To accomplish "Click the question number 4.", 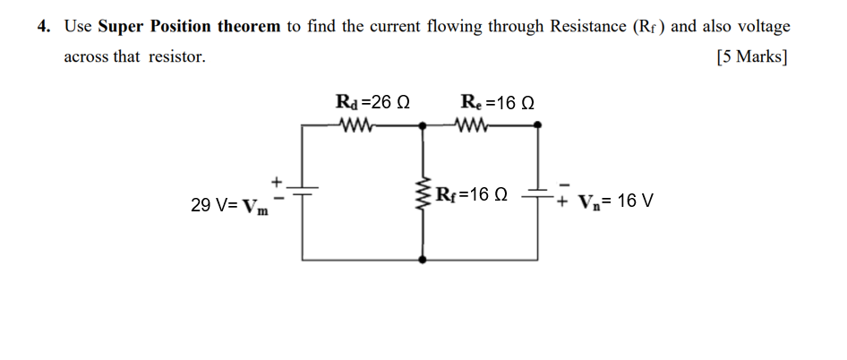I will [x=43, y=26].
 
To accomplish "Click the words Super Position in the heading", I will [x=144, y=26].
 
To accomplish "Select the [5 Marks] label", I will [x=752, y=57].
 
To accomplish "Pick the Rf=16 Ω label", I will [x=471, y=194].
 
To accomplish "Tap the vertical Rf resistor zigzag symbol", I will [x=423, y=193].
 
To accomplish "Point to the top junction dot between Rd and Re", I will [x=423, y=126].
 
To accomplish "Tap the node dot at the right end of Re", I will [x=538, y=126].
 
